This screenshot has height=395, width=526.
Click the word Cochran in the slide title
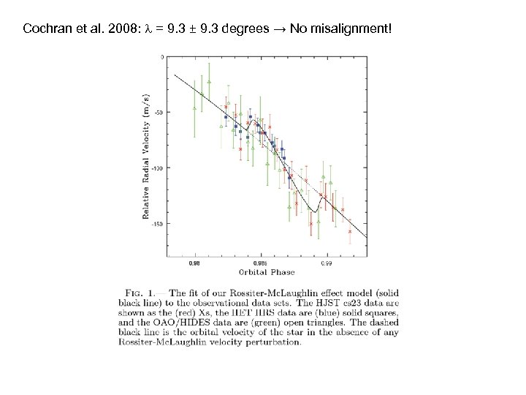tap(46, 29)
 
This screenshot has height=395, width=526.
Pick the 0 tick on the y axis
tap(162, 57)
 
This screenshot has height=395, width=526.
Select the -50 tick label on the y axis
tap(159, 112)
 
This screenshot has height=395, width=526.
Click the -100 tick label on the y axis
tap(157, 168)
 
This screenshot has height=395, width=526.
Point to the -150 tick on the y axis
tap(157, 223)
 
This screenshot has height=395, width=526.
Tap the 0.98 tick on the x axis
tap(194, 263)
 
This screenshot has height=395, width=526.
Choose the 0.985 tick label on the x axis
tap(260, 263)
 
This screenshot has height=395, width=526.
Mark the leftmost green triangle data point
tap(194, 108)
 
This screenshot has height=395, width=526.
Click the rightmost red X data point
tap(350, 231)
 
